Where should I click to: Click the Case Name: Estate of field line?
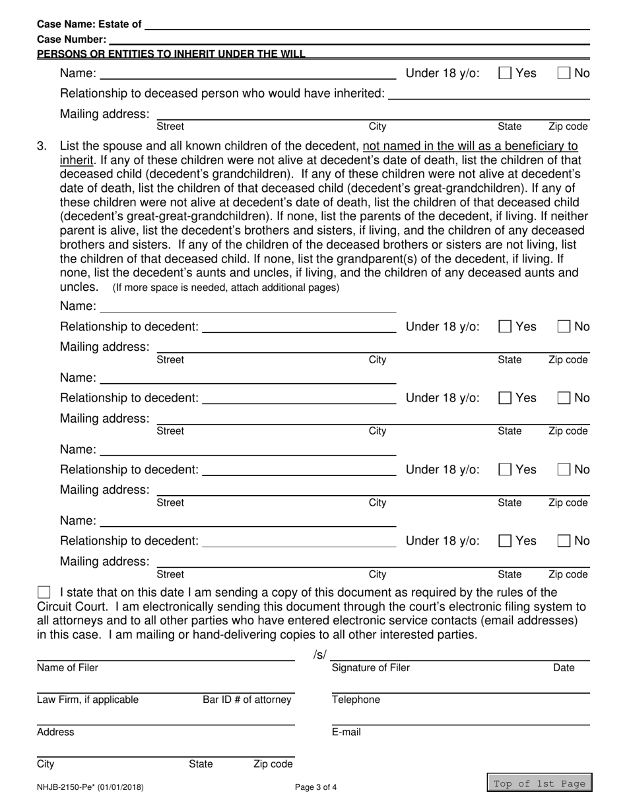(366, 25)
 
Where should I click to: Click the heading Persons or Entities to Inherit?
(171, 54)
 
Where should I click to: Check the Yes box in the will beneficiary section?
(505, 73)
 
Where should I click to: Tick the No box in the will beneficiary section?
(564, 73)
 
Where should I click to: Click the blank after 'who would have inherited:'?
(488, 94)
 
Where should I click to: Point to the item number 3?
(42, 146)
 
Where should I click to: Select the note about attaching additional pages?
(226, 287)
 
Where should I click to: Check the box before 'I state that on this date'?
(44, 592)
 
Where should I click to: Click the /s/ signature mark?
(319, 655)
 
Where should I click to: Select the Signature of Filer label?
(370, 668)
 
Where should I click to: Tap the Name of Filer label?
(67, 668)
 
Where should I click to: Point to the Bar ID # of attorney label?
(247, 700)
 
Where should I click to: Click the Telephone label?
(356, 700)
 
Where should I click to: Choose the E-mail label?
(346, 732)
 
